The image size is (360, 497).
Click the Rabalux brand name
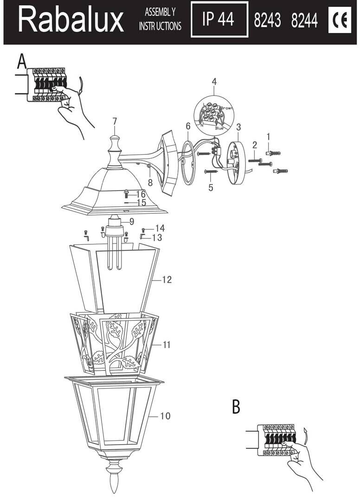point(71,21)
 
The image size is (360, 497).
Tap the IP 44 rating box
point(219,20)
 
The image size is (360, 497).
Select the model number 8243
point(268,21)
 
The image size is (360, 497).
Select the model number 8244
point(304,21)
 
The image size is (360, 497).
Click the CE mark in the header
point(340,20)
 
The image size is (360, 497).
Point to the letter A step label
point(21,61)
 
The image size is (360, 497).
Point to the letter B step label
point(236,407)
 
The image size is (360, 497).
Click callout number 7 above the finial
point(115,121)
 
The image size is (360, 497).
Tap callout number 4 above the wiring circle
point(214,82)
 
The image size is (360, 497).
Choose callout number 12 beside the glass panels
point(167,280)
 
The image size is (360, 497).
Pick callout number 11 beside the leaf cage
point(167,344)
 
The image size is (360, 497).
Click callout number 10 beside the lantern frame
point(165,416)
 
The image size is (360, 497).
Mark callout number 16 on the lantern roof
point(141,194)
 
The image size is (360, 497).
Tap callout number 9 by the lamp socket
point(132,222)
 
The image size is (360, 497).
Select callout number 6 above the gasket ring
point(188,126)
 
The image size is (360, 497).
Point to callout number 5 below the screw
point(211,188)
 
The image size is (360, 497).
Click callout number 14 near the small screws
point(160,228)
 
